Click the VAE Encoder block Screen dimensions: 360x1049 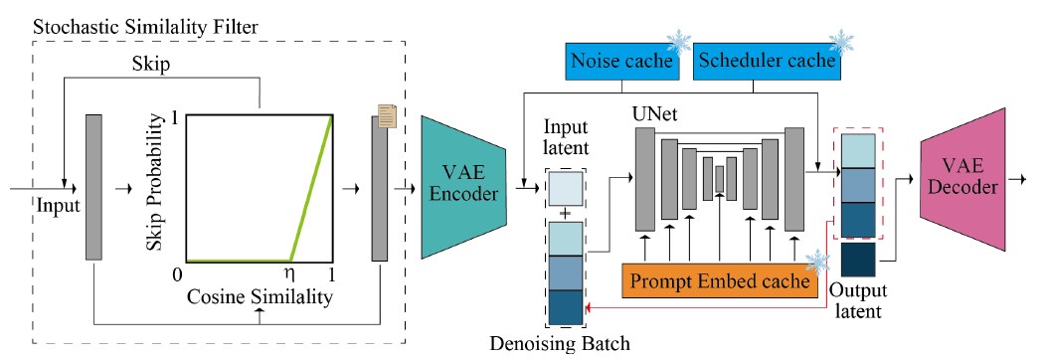(x=463, y=184)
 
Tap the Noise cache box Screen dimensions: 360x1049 (x=620, y=61)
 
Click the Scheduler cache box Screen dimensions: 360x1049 (x=764, y=61)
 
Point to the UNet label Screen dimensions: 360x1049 (x=653, y=117)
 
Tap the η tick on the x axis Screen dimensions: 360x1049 (x=290, y=272)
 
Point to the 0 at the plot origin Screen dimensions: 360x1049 (x=175, y=273)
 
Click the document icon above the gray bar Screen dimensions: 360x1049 (x=390, y=116)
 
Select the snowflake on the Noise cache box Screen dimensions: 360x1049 (x=679, y=42)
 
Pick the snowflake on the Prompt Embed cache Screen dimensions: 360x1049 (x=817, y=261)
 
